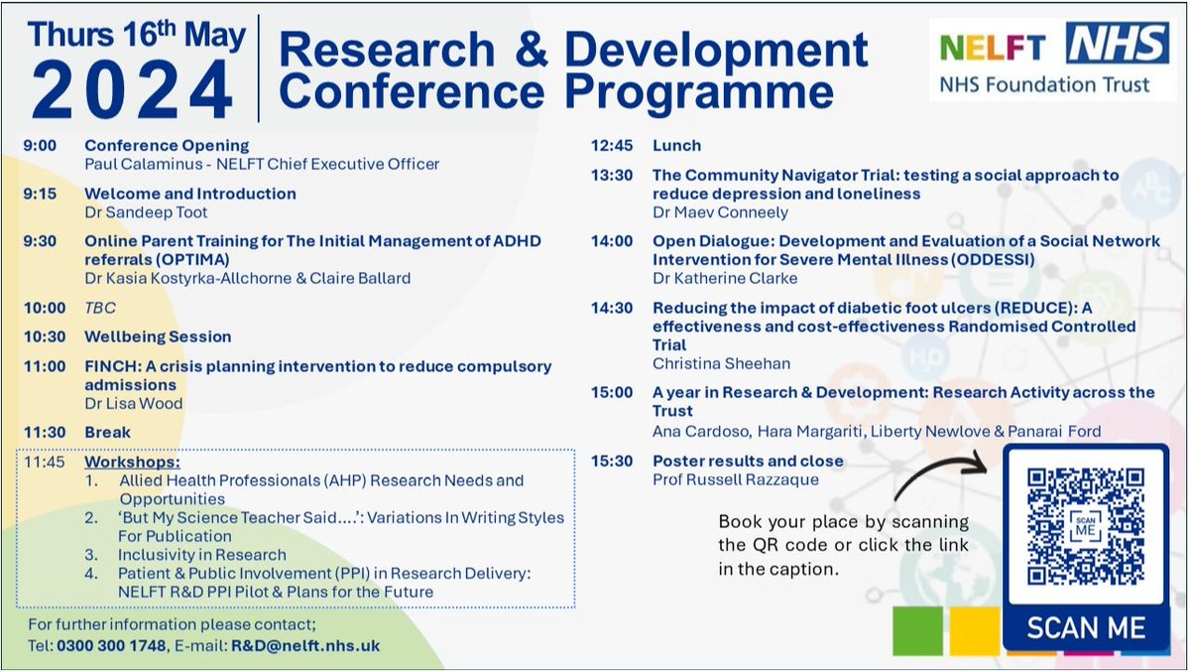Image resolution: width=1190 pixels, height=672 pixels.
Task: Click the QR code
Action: (1086, 526)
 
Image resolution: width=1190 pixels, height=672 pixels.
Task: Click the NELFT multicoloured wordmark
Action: (991, 48)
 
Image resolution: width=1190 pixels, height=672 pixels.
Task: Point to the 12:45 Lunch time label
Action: (612, 146)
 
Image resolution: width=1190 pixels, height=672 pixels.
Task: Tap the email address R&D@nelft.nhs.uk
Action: (304, 646)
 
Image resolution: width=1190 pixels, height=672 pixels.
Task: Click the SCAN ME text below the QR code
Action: (1086, 627)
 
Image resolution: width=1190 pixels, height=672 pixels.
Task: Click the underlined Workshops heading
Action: (132, 463)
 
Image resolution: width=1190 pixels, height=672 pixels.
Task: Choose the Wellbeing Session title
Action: (158, 336)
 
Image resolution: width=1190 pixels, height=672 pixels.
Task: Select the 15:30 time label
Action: (612, 462)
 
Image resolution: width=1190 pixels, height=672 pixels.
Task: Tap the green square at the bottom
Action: (918, 629)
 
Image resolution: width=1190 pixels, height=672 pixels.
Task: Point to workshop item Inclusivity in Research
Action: (201, 555)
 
